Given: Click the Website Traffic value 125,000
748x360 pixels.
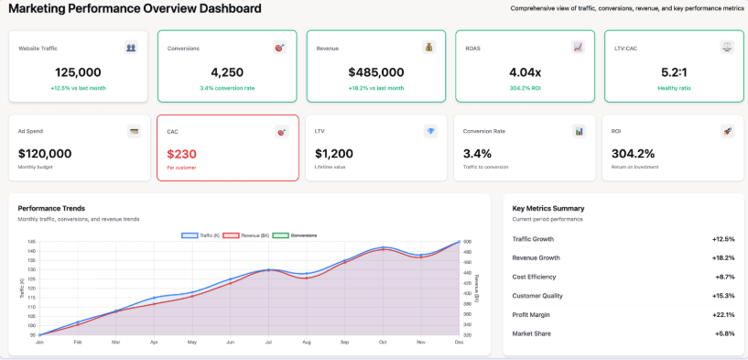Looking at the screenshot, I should click(78, 71).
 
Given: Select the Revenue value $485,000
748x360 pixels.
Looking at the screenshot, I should click(375, 71).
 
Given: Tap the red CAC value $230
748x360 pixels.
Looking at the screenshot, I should click(181, 154).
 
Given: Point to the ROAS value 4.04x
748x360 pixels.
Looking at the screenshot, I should click(525, 71).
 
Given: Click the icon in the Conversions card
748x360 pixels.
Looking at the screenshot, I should click(280, 47).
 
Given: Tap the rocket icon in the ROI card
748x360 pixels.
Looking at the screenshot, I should click(727, 131).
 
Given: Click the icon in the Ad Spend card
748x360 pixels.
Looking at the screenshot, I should click(134, 131).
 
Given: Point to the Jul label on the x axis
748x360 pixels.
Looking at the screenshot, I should click(268, 342).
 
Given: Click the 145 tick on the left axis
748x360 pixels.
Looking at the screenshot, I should click(31, 242).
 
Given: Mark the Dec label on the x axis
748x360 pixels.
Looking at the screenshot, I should click(460, 342).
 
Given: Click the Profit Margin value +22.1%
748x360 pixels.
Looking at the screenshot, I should click(723, 314).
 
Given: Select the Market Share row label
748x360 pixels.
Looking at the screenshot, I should click(531, 333).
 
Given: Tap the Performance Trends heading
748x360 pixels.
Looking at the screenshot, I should click(51, 208).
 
